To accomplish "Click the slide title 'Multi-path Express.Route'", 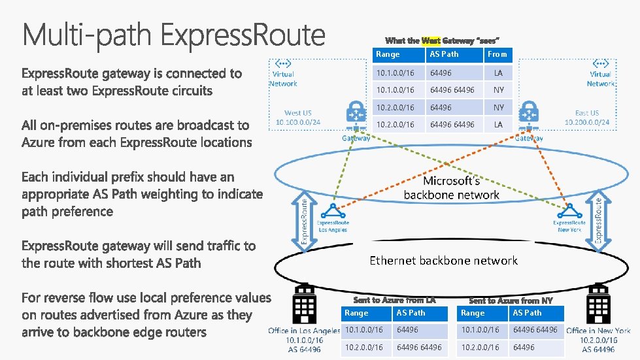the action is tap(174, 34).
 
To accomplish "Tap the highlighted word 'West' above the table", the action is tap(431, 41).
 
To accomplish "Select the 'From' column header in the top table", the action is tap(497, 55).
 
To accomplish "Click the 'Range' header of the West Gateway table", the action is tap(388, 55).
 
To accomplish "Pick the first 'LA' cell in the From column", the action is tap(498, 73).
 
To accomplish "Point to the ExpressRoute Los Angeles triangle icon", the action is tap(333, 210).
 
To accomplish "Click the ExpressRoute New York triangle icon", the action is tap(569, 210).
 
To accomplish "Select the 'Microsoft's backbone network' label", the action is tap(451, 188).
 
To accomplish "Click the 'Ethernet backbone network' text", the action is tap(443, 261).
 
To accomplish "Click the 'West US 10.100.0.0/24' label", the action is tap(298, 118).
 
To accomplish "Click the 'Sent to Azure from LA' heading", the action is tap(394, 300).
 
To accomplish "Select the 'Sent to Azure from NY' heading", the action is tap(511, 300).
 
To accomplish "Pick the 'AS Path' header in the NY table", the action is tap(527, 313).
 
